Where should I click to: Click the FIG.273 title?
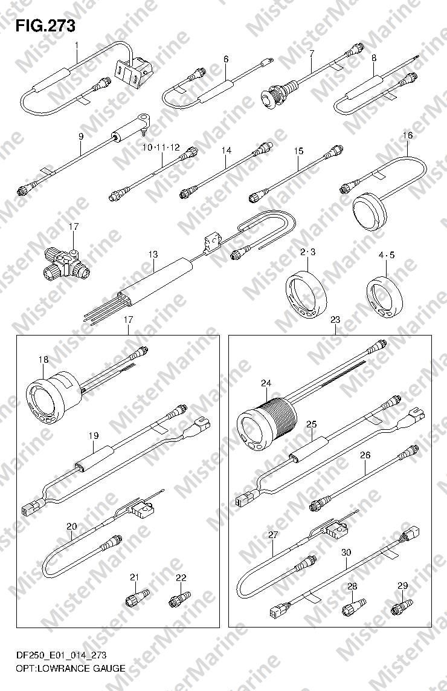tap(45, 26)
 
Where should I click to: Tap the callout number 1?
tap(77, 45)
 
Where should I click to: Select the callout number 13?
tap(153, 255)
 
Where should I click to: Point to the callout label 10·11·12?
tap(161, 147)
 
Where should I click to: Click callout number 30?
tap(346, 552)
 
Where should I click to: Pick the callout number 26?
tap(365, 455)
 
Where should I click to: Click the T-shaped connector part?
tap(66, 262)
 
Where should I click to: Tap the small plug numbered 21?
tap(135, 599)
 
